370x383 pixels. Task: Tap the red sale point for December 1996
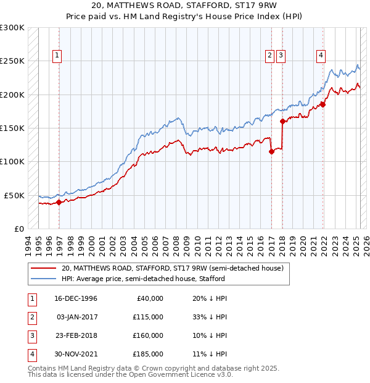pyautogui.click(x=59, y=201)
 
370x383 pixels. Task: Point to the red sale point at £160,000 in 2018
pyautogui.click(x=282, y=121)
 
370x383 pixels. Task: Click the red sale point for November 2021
pyautogui.click(x=323, y=104)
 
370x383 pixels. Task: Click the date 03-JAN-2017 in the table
pyautogui.click(x=76, y=317)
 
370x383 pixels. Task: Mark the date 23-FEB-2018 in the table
pyautogui.click(x=76, y=335)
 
